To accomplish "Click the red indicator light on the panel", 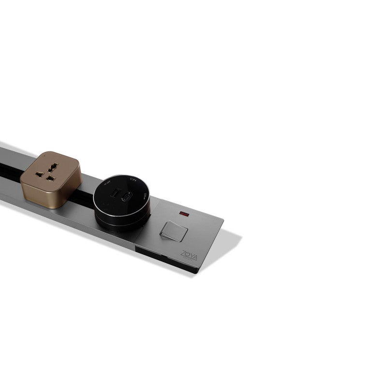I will [x=184, y=213].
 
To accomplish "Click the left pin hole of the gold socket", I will [x=39, y=173].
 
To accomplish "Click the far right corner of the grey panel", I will [x=240, y=236].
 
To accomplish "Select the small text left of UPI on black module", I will [x=108, y=183].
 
